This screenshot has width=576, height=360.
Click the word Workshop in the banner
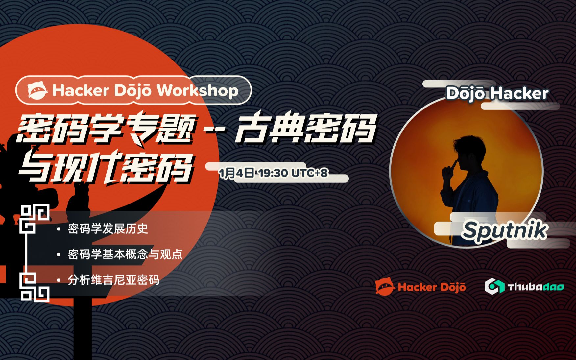coord(197,90)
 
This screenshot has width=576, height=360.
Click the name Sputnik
coord(504,230)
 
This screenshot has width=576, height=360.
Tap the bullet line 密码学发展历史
coord(108,228)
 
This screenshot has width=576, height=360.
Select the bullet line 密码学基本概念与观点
coord(125,254)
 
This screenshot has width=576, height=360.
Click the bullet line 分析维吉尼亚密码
coord(113,280)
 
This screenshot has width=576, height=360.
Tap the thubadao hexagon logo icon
coord(494,286)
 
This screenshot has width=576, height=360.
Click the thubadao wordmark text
coord(536,287)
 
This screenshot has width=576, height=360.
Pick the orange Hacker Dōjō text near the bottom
coord(431,287)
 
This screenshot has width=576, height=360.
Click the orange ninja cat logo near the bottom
coord(385,287)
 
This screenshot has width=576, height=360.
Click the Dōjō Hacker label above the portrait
coord(497,93)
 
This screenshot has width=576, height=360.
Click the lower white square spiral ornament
coord(35,287)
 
